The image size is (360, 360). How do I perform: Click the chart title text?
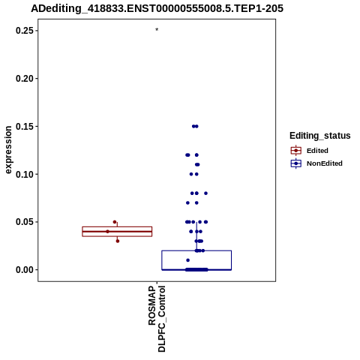pos(157,8)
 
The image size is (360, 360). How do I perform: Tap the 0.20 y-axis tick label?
pos(25,79)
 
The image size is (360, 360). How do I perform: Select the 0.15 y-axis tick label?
pos(25,127)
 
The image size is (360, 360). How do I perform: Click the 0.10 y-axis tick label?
pos(25,174)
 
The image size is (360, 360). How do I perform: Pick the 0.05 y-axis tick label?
pos(25,222)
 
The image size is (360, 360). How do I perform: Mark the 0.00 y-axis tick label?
pos(25,270)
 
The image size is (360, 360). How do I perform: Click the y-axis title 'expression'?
pos(8,150)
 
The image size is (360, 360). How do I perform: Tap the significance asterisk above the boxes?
pos(157,30)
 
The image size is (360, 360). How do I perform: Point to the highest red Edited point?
pos(115,222)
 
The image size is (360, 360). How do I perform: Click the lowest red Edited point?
pos(118,241)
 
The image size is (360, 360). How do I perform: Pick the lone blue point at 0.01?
pos(188,260)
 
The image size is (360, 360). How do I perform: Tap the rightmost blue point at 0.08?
pos(205,193)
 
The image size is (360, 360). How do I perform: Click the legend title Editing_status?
pos(320,136)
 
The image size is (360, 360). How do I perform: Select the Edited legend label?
pos(317,151)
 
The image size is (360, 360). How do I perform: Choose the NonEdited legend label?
pos(325,163)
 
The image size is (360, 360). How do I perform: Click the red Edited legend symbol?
pos(296,151)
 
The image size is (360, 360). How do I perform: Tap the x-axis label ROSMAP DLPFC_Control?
pos(157,319)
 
